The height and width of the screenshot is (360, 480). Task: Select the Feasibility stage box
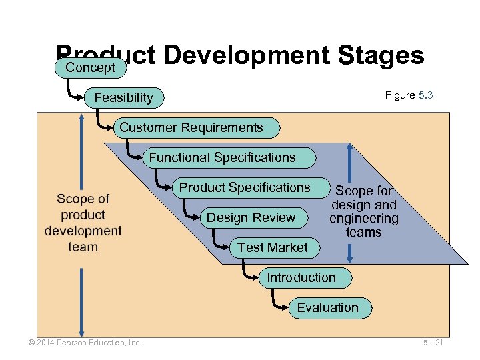(124, 98)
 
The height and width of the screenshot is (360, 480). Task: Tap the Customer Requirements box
(191, 127)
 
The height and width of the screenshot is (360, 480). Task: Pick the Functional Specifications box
(222, 158)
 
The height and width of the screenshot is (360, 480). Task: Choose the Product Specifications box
(245, 187)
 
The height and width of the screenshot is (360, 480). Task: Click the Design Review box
(251, 217)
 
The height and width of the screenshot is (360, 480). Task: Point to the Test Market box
(273, 247)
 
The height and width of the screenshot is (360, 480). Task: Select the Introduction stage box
(301, 277)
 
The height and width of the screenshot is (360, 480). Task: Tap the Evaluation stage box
(327, 307)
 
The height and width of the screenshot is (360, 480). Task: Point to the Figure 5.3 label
(409, 95)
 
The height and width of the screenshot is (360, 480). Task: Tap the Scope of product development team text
(83, 223)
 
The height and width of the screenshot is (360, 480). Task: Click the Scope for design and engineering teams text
(364, 212)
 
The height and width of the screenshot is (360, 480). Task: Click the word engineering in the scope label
(364, 219)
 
